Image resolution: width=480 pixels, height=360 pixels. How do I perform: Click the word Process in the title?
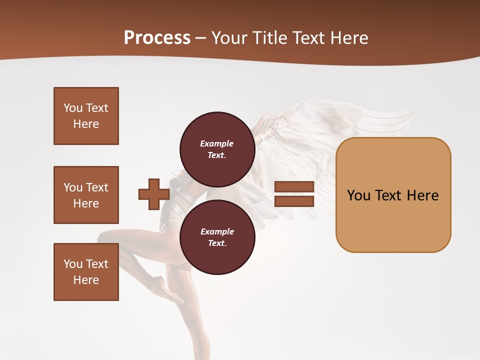coord(157,37)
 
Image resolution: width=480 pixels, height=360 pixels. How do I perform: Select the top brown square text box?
coord(86,116)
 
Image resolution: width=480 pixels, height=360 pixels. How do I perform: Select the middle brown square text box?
coord(86,195)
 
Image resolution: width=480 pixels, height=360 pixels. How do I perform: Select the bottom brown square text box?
coord(86,272)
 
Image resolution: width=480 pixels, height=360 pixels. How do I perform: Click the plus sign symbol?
coord(154,194)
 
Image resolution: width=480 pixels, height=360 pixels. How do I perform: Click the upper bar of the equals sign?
coord(294,186)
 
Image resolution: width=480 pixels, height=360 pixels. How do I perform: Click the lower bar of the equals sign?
coord(294,201)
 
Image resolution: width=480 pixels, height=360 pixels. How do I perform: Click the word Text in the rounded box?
coord(389,195)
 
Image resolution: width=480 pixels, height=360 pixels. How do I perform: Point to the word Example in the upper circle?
coord(217,143)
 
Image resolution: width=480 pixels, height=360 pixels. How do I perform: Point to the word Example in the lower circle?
coord(217,231)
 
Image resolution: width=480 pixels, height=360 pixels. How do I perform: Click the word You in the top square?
coord(72,108)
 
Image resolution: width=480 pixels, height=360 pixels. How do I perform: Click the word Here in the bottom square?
coord(86,280)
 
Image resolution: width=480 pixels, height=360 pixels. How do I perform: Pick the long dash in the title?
coord(200,38)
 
